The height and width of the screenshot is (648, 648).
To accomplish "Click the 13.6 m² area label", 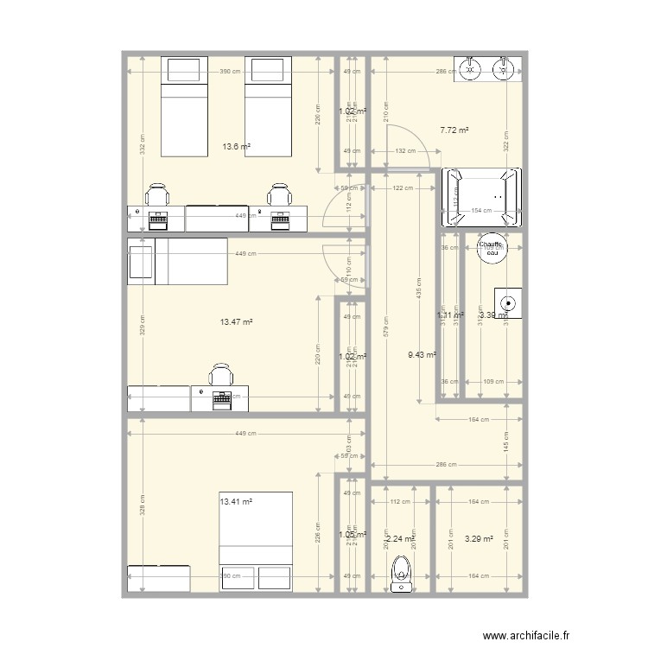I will point(236,147).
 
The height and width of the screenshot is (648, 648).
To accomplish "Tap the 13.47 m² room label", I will point(236,321).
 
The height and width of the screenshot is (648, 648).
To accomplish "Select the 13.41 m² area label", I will point(236,501).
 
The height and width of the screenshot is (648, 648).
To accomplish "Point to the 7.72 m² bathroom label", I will point(454,130).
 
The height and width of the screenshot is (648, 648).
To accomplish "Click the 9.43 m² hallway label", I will point(421,354).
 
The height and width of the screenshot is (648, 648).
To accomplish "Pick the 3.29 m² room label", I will point(479,539).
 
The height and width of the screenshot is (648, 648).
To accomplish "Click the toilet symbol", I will point(400,572).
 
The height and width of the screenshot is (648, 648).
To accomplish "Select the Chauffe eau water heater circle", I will point(492,248).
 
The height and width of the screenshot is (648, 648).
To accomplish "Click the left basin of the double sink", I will point(471,68).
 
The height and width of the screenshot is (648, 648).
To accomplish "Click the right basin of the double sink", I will point(504,68).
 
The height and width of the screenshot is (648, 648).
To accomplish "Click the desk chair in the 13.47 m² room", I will point(222,376).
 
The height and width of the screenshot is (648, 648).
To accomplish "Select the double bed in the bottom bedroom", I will point(257,542).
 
